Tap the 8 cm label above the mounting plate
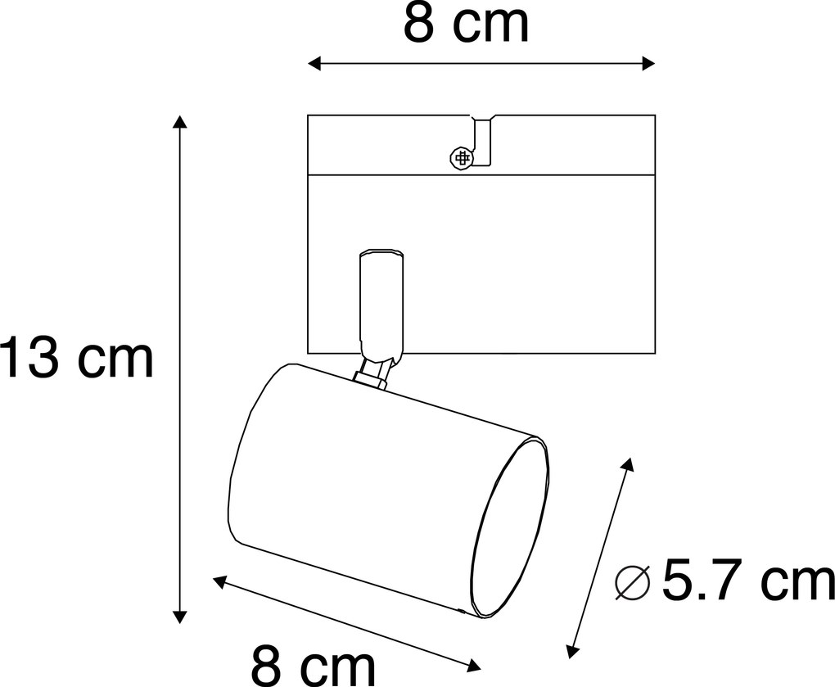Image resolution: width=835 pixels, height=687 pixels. [x=466, y=25]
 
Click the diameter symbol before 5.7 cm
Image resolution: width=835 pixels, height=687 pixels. [x=631, y=583]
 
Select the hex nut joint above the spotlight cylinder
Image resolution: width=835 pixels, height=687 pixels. [x=372, y=376]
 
